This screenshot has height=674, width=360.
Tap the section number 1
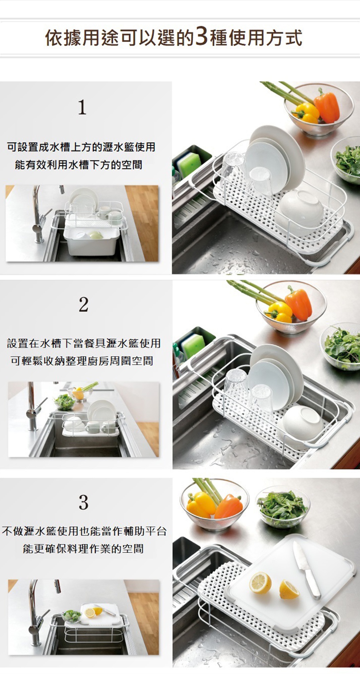(x=82, y=107)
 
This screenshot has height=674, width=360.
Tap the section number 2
(x=83, y=305)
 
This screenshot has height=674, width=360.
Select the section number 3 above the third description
(x=83, y=502)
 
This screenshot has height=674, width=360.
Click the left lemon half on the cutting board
(x=260, y=582)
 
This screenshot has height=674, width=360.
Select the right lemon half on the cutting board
(x=288, y=589)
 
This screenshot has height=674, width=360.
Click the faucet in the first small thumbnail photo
(x=38, y=216)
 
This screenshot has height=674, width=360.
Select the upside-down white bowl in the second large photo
(x=303, y=423)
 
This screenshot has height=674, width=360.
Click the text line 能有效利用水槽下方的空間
(x=78, y=165)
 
